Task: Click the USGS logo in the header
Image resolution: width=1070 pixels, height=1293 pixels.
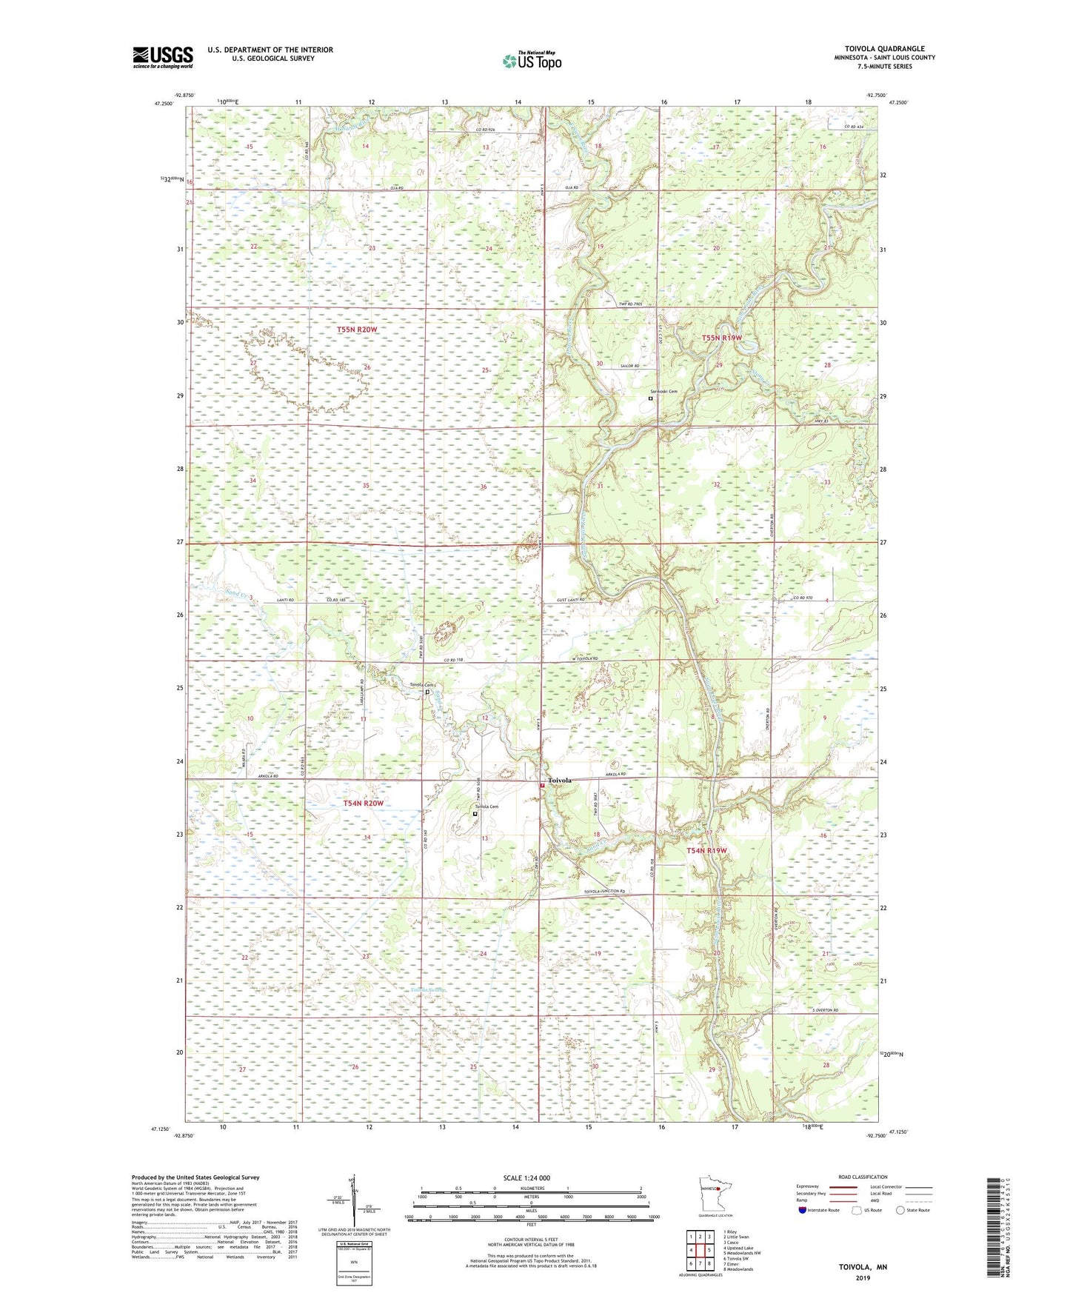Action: tap(162, 57)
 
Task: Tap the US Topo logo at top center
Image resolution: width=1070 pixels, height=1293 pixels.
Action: tap(532, 60)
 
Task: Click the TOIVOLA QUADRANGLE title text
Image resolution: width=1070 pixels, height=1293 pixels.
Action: tap(884, 49)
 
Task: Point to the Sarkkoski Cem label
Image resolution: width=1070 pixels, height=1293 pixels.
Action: tap(663, 391)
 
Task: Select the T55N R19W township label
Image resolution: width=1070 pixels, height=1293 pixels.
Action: tap(721, 338)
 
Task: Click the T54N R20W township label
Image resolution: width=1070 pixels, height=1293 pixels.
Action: tap(363, 803)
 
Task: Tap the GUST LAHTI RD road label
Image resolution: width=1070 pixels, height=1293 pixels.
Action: tap(571, 599)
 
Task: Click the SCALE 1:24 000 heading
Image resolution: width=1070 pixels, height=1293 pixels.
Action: tap(526, 1177)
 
